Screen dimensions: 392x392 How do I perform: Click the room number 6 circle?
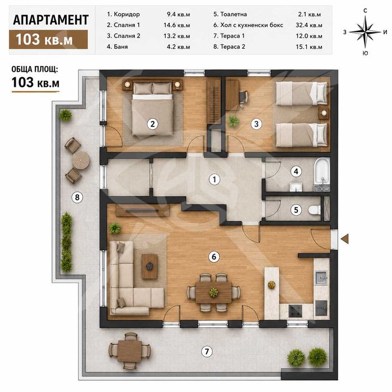coord(214,256)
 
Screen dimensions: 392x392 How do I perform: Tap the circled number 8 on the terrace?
coord(77,198)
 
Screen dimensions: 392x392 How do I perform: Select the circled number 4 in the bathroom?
coord(296,171)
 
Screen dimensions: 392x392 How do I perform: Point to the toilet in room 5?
coord(315,210)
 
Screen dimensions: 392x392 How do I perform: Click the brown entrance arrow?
coord(345,239)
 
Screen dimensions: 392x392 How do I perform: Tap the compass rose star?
coord(365,32)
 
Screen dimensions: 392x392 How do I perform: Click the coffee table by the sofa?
coord(150,267)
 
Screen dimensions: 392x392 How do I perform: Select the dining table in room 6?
coord(213,292)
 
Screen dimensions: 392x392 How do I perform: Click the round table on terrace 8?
coord(81,160)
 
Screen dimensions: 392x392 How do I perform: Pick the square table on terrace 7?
coord(130,351)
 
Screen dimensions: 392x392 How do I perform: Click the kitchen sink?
coord(321,278)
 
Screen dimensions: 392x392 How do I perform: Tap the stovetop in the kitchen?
coord(295,311)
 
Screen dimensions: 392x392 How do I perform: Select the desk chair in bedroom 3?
coord(244,98)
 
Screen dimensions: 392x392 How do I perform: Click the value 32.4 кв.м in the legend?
coord(309,25)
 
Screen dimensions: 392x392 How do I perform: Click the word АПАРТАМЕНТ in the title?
coord(51,20)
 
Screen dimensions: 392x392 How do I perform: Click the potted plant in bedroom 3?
coord(234,121)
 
